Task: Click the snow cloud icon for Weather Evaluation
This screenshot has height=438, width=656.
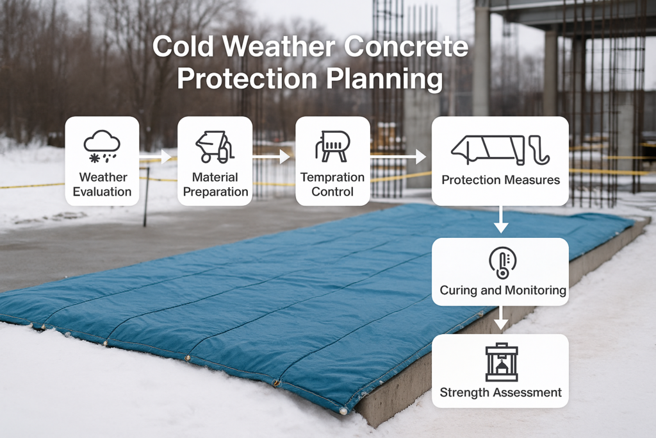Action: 102,146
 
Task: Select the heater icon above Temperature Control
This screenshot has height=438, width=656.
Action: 332,146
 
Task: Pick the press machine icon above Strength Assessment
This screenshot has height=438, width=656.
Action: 500,361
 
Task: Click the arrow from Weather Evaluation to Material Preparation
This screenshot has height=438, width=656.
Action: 156,156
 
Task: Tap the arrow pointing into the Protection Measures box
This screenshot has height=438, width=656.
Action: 400,156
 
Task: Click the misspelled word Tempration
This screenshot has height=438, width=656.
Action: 332,177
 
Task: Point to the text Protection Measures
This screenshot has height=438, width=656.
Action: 500,180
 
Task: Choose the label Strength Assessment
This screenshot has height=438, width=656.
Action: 500,392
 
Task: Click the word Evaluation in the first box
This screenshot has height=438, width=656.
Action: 102,191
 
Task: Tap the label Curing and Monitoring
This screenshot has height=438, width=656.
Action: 502,291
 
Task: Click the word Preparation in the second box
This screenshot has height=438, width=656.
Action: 216,191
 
